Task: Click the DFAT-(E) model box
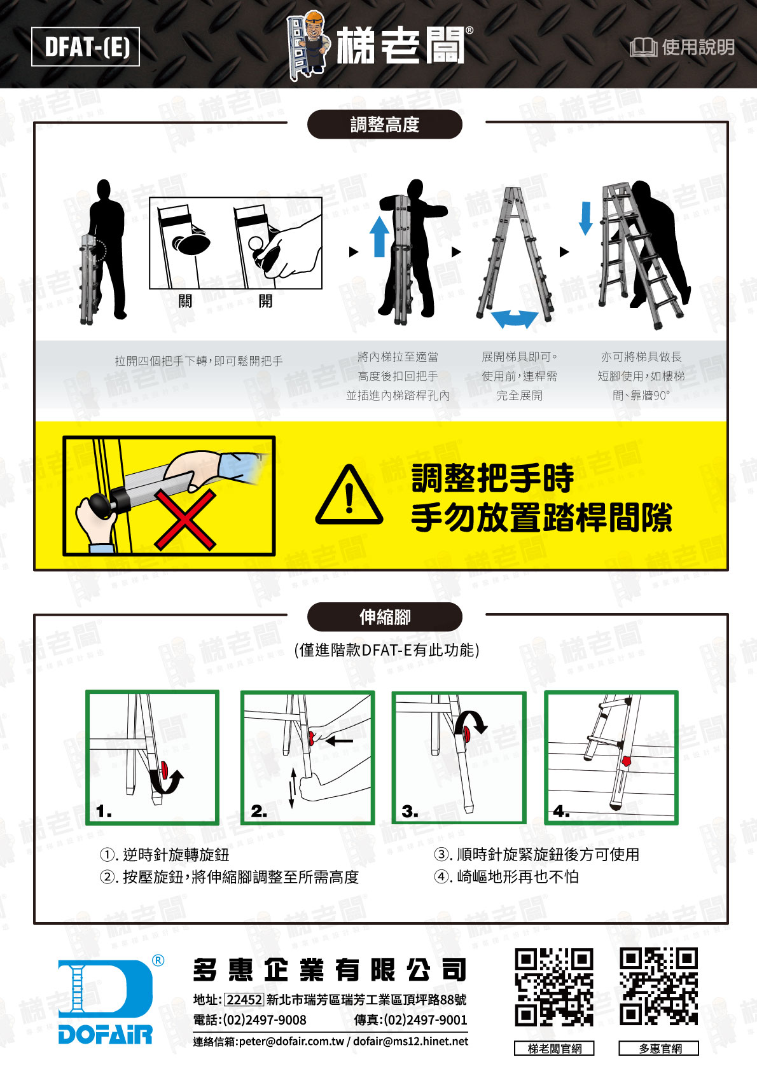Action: (86, 46)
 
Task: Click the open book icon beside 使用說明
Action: (643, 47)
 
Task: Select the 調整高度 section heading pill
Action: (384, 124)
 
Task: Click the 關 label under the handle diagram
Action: (186, 301)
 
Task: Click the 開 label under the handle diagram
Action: (266, 301)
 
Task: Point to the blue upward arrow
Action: (379, 236)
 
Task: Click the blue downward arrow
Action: (586, 218)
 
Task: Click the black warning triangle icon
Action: (349, 496)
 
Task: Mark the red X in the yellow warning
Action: (185, 519)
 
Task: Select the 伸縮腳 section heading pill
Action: (384, 618)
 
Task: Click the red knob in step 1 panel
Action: (165, 770)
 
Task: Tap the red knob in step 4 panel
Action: (627, 761)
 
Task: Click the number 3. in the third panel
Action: (410, 812)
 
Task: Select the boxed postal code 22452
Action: (244, 1000)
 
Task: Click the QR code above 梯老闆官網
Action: (554, 988)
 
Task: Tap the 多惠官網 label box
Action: (658, 1049)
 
